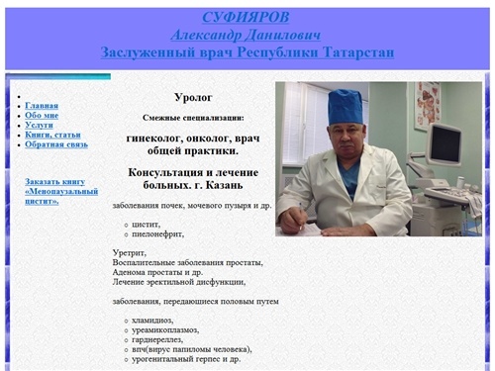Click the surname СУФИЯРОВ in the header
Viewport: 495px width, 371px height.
(x=247, y=18)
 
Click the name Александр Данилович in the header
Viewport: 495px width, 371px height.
(x=247, y=34)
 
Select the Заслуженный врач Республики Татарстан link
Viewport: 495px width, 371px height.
(x=247, y=50)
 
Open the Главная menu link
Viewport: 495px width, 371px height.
(x=42, y=106)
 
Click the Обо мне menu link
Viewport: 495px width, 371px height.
(x=42, y=116)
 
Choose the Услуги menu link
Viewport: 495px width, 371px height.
(x=40, y=126)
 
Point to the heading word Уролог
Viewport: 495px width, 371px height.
(x=192, y=97)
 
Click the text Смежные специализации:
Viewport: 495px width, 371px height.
(x=193, y=117)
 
